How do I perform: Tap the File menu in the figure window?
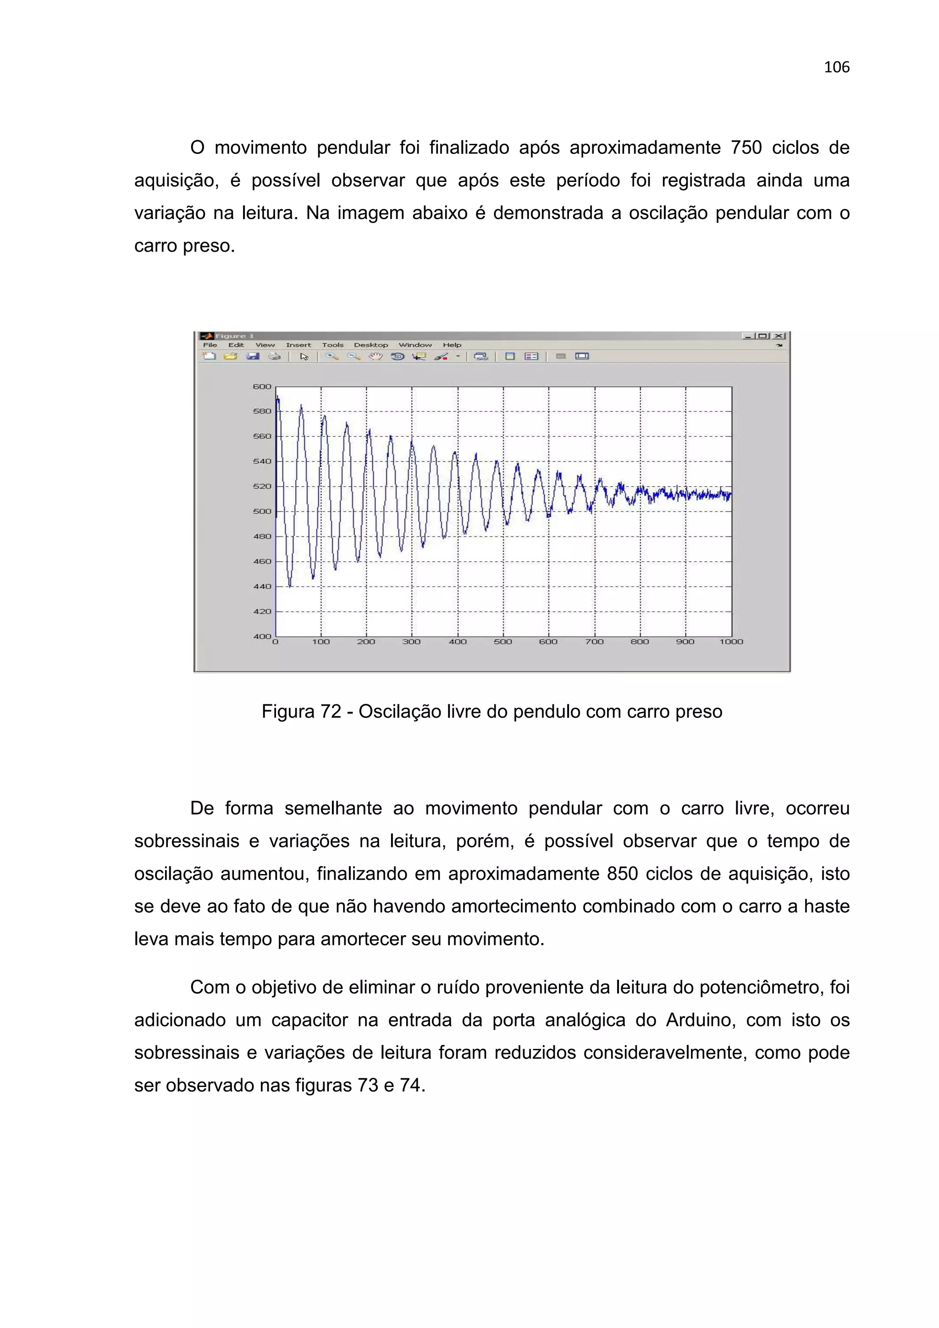tap(210, 345)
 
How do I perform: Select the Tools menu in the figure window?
tap(333, 345)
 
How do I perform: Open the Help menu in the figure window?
tap(452, 345)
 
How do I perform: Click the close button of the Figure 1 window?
tap(779, 336)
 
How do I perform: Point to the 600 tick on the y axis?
tap(262, 386)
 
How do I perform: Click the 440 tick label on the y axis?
tap(262, 586)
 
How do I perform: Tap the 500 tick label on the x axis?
tap(503, 642)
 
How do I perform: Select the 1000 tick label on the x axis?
tap(731, 642)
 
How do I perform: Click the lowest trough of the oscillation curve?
tap(290, 586)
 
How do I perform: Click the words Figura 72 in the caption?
tap(301, 711)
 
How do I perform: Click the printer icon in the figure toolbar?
tap(274, 357)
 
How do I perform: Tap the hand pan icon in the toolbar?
tap(376, 357)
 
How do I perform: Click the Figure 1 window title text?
tap(234, 336)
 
